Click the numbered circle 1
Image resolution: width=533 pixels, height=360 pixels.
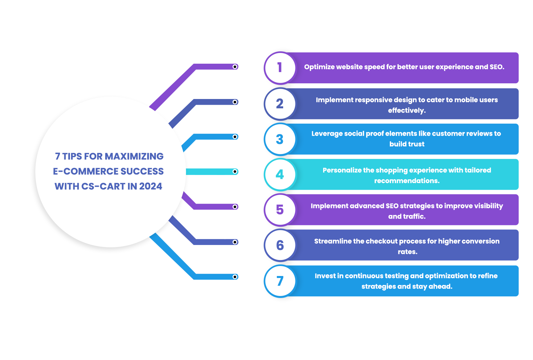pyautogui.click(x=280, y=68)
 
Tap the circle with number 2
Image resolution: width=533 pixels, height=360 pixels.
pyautogui.click(x=280, y=104)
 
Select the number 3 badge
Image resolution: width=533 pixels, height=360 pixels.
pyautogui.click(x=280, y=139)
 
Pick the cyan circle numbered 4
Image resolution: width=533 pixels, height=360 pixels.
pyautogui.click(x=280, y=175)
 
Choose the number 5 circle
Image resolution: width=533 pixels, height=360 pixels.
pyautogui.click(x=280, y=210)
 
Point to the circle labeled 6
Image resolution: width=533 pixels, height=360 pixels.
pyautogui.click(x=280, y=245)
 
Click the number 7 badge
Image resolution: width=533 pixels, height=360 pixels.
pyautogui.click(x=280, y=281)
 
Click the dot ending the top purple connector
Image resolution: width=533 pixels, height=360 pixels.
pyautogui.click(x=235, y=67)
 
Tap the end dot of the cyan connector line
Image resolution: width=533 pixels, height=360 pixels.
pyautogui.click(x=235, y=171)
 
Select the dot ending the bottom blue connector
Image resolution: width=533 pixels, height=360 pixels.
pyautogui.click(x=235, y=277)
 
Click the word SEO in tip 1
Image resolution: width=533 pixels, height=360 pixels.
pyautogui.click(x=497, y=67)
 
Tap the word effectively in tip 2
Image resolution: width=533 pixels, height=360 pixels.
pyautogui.click(x=407, y=110)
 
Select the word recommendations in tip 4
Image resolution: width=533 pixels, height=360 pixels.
pyautogui.click(x=407, y=181)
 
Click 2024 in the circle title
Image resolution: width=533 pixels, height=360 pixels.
pyautogui.click(x=151, y=186)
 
